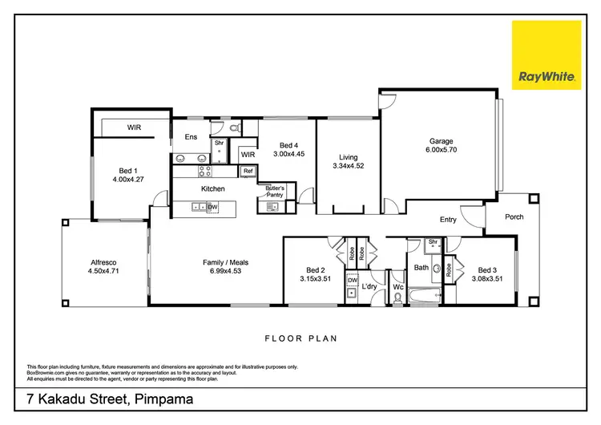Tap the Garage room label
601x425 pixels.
coord(441,139)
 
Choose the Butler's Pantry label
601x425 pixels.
coord(275,190)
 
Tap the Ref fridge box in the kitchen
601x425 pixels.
coord(248,171)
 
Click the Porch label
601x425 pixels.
coord(514,217)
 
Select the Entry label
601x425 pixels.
coord(448,220)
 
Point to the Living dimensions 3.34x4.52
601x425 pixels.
coord(348,167)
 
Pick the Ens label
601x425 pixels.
coord(191,137)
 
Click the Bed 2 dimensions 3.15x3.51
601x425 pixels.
coord(315,280)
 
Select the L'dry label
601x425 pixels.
coord(369,286)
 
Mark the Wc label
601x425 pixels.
coord(397,286)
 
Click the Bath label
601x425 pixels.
coord(422,268)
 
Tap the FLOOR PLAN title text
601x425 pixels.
coord(300,338)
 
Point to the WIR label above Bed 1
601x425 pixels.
coord(135,127)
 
